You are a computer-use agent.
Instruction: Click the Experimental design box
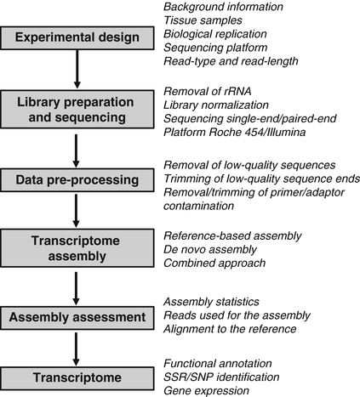coord(77,38)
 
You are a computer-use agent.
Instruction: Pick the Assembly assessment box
coord(77,317)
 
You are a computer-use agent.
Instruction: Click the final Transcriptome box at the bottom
coord(77,376)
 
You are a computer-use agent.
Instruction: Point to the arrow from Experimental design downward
coord(77,70)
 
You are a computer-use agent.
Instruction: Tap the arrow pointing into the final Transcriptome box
coord(77,347)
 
